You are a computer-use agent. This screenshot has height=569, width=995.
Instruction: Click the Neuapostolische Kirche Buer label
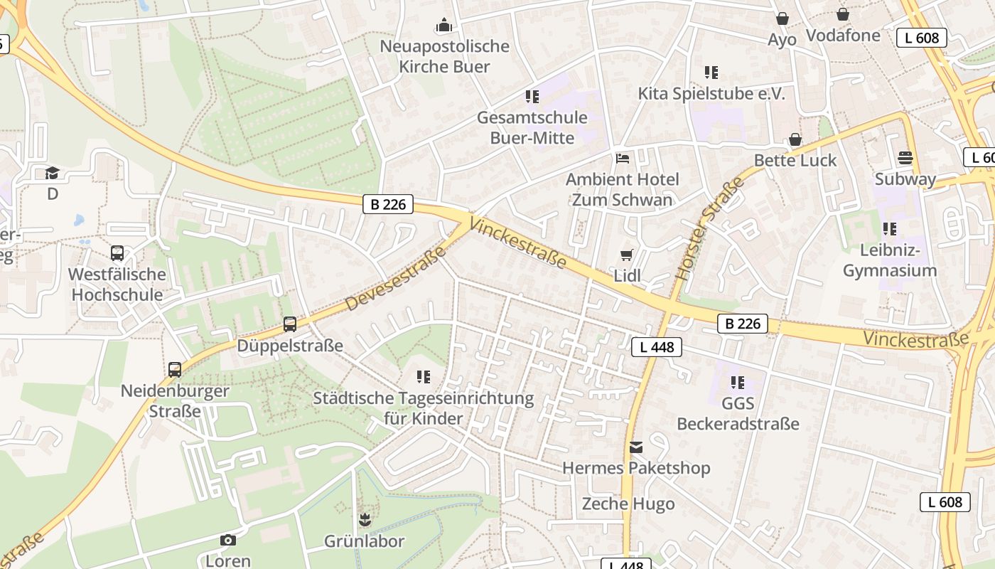(444, 56)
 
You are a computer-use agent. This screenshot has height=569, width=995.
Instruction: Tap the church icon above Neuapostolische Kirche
(444, 26)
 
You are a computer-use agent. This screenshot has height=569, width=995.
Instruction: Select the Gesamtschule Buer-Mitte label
(532, 127)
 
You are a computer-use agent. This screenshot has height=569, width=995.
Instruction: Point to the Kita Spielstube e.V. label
(711, 94)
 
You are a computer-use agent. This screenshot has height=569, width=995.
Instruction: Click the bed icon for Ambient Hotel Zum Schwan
(623, 158)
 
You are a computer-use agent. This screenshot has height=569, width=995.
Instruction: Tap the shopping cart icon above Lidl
(626, 255)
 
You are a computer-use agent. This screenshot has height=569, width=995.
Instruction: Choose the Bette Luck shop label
(795, 160)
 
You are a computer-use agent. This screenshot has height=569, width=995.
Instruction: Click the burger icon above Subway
(905, 157)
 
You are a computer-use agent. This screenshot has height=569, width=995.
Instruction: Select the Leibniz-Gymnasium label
(889, 260)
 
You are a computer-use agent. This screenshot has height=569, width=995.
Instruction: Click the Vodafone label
(843, 36)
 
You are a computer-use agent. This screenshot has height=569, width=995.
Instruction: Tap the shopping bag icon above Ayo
(782, 18)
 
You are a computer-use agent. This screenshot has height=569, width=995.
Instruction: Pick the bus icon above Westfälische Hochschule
(117, 253)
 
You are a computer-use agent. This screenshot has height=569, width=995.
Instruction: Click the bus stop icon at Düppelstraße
(290, 324)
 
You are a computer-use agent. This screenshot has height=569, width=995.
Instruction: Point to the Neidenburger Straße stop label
(175, 400)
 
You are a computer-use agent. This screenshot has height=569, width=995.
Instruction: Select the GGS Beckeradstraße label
(738, 414)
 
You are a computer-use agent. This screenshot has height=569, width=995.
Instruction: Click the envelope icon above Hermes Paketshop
(636, 447)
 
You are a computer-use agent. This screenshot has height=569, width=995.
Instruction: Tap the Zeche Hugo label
(628, 504)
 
